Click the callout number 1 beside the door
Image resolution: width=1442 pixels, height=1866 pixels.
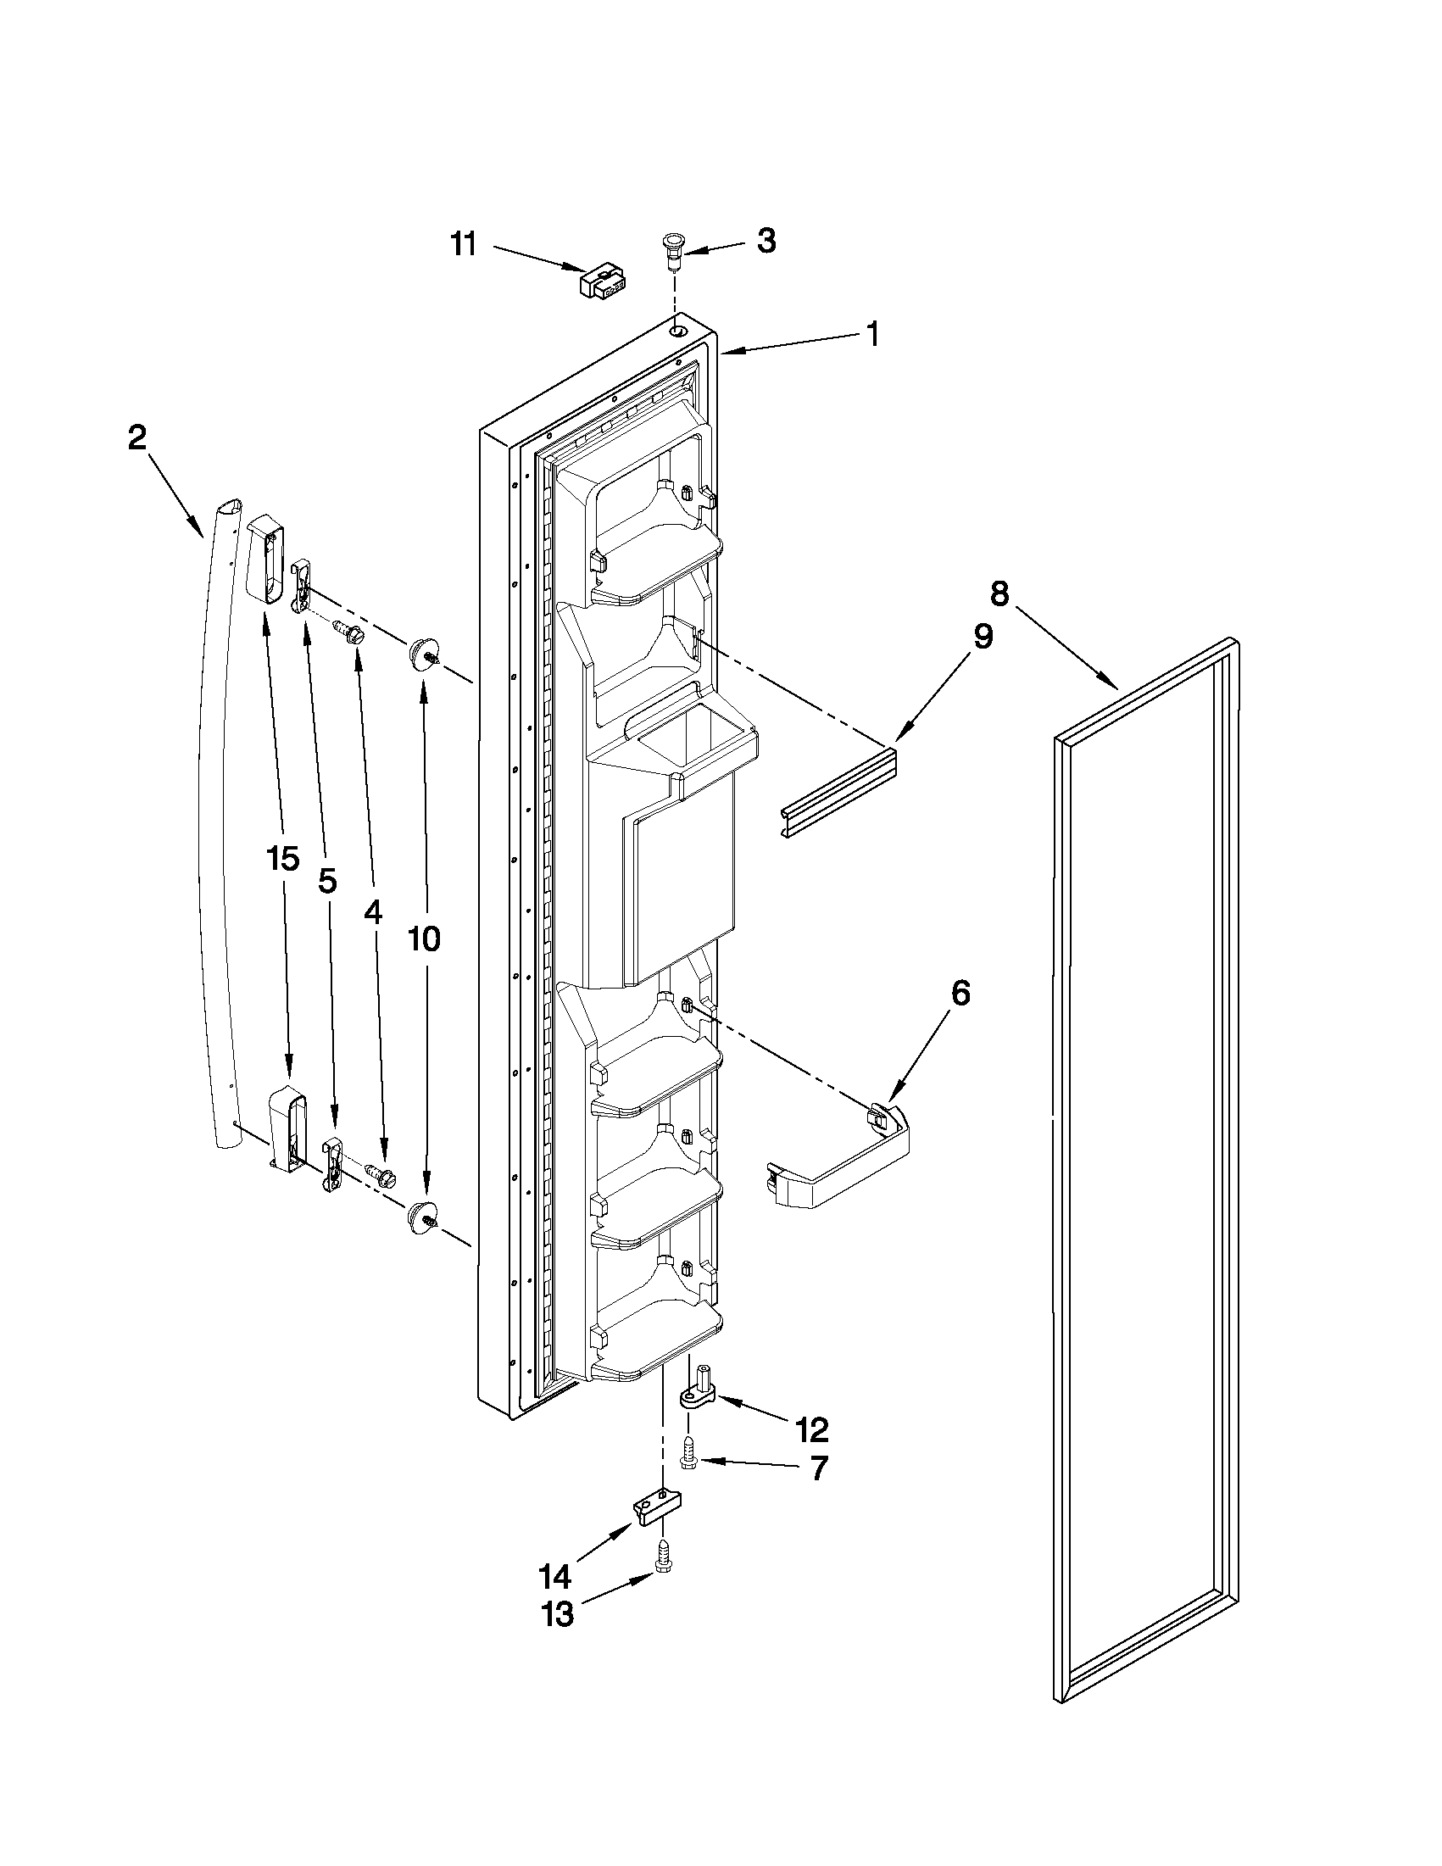871,334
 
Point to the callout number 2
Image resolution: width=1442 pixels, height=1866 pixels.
136,438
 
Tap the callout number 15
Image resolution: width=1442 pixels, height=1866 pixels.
283,858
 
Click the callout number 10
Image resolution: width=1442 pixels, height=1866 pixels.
424,939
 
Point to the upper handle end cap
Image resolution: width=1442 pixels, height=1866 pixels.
264,559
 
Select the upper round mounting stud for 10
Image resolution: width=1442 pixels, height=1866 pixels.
421,654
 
